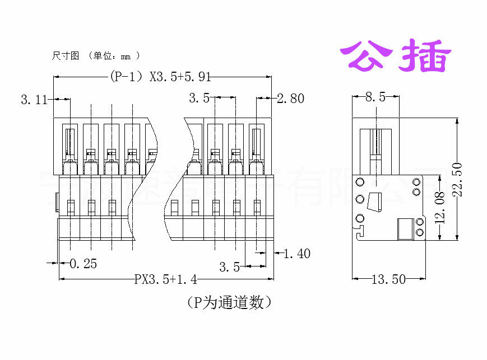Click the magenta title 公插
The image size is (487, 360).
396,55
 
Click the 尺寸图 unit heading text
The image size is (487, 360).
95,56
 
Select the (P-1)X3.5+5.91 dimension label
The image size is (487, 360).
159,77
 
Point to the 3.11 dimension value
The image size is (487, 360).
34,100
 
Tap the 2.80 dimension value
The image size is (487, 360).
290,99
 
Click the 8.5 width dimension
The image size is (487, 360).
375,97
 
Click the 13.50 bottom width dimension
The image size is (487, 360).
388,279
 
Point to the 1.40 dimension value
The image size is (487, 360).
296,254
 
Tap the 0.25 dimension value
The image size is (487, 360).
83,263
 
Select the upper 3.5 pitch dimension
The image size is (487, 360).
199,98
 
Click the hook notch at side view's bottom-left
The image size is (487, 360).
359,230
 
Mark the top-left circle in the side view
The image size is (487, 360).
360,181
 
